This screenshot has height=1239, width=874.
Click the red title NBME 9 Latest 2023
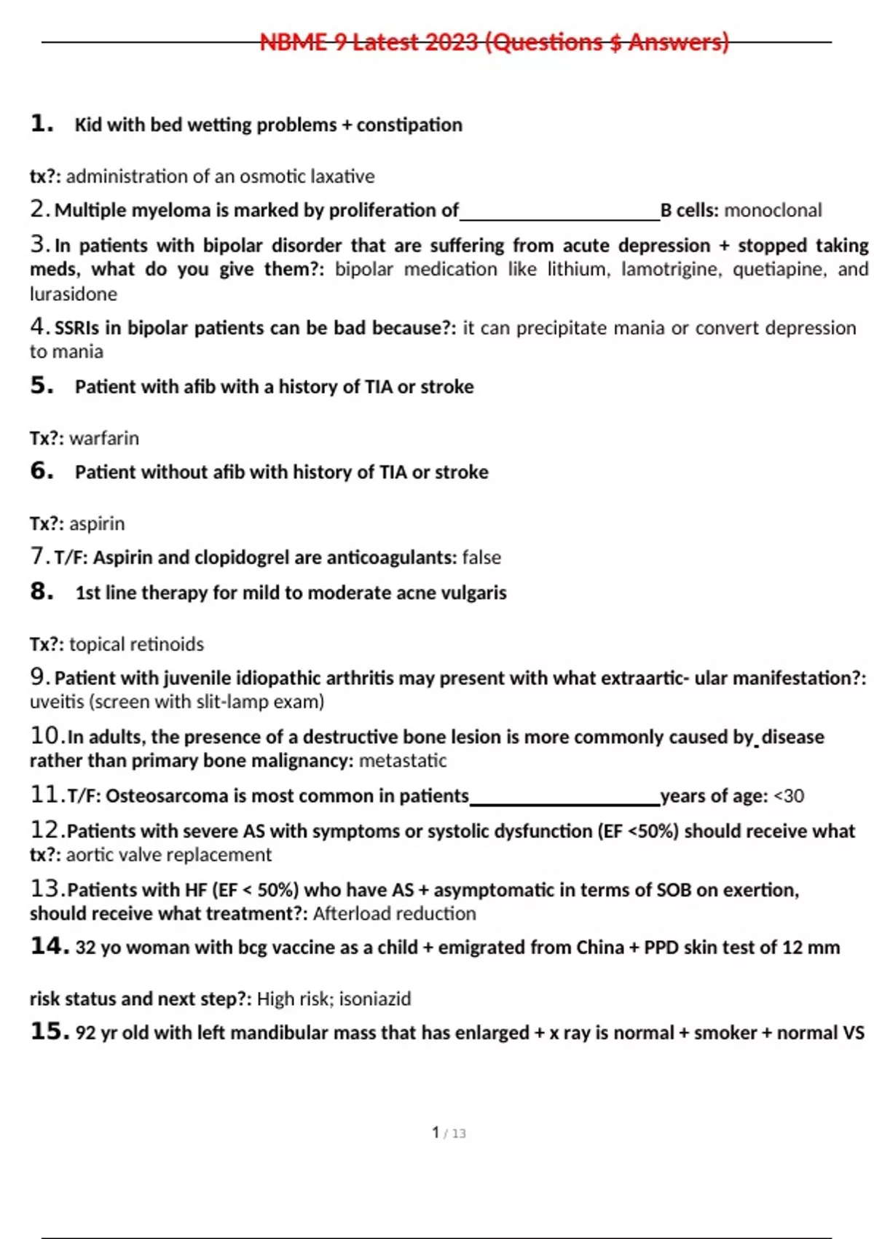[x=494, y=42]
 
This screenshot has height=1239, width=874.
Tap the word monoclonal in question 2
[x=773, y=211]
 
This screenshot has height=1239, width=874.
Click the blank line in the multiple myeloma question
[x=559, y=217]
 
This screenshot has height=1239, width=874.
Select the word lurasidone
[x=73, y=294]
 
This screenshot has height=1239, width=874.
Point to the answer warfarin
[x=104, y=438]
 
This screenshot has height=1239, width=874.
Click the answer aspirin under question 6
[x=97, y=523]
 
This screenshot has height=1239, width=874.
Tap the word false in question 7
[x=481, y=558]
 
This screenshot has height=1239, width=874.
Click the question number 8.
[x=42, y=591]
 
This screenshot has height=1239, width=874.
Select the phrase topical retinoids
[x=136, y=644]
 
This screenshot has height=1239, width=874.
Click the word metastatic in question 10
[x=403, y=761]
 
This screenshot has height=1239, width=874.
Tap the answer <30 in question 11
[x=789, y=796]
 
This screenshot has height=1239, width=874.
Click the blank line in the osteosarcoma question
[x=564, y=802]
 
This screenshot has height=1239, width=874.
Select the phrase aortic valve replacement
[x=168, y=855]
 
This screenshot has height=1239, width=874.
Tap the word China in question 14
[x=599, y=947]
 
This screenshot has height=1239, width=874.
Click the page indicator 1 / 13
[x=448, y=1133]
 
